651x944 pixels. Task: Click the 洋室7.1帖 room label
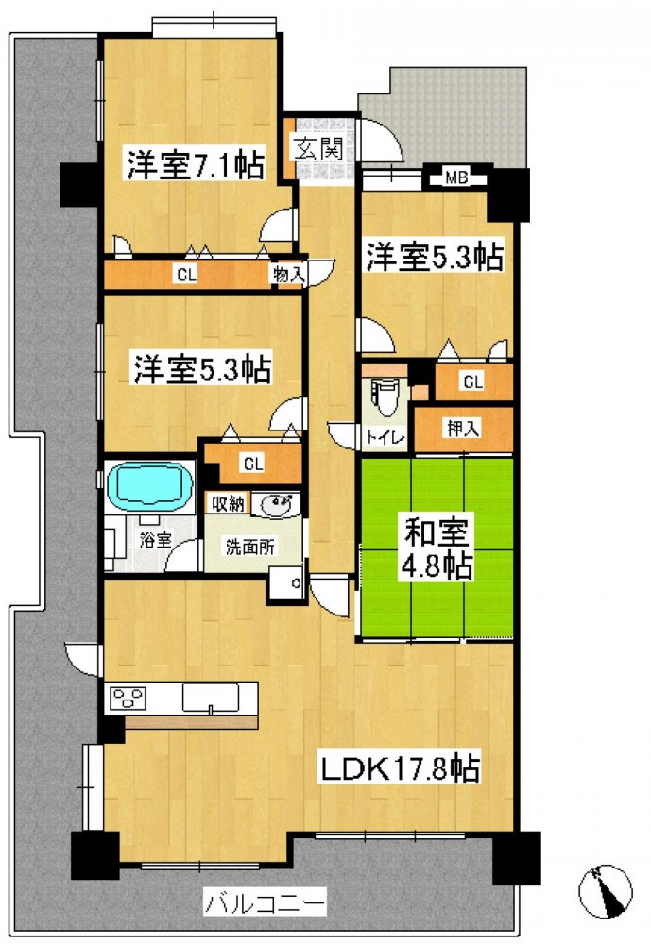196,163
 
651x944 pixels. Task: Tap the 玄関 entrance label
318,147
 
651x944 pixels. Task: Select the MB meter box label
456,177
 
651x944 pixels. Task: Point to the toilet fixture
384,397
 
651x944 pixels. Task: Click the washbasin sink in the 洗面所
275,503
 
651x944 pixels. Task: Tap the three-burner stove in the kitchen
128,699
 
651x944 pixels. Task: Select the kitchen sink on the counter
211,698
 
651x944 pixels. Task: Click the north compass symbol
606,891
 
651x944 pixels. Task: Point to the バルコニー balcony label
266,902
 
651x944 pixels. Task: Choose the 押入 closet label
463,428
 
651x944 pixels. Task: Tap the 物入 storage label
287,275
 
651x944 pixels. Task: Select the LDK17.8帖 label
399,768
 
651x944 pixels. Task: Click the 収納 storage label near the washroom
228,503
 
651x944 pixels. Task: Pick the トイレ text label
385,436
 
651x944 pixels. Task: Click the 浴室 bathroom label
156,539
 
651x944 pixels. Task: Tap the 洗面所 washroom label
250,548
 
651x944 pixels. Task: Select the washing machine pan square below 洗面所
285,582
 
